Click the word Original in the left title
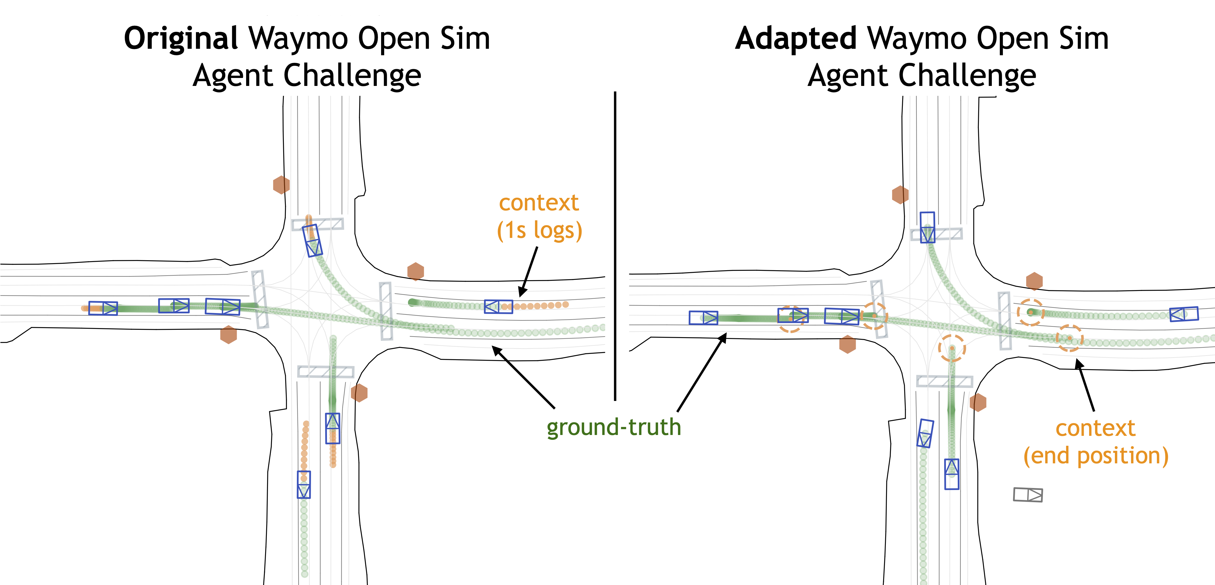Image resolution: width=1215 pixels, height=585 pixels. pos(181,39)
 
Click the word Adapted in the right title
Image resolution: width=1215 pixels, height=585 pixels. pos(796,39)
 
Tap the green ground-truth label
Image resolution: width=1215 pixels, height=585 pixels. pos(614,427)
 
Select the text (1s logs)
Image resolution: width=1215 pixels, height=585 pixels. pos(540,231)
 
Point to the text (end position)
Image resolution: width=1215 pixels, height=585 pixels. pos(1096,456)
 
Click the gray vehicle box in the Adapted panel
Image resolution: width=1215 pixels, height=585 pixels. pos(1028,495)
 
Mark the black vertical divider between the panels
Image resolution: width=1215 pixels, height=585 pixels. pos(615,245)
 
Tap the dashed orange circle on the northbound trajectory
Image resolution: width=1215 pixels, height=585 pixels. pos(952,348)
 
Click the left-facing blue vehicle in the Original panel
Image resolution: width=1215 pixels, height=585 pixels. pos(498,307)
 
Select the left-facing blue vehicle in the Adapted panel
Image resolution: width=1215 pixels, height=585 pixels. pos(1184,314)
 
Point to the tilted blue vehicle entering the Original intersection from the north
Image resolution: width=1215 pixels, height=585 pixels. pos(312,240)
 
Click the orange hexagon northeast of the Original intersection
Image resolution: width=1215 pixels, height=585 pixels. pos(415,272)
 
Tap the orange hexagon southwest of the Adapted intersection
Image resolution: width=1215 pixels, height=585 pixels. pos(848,345)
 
